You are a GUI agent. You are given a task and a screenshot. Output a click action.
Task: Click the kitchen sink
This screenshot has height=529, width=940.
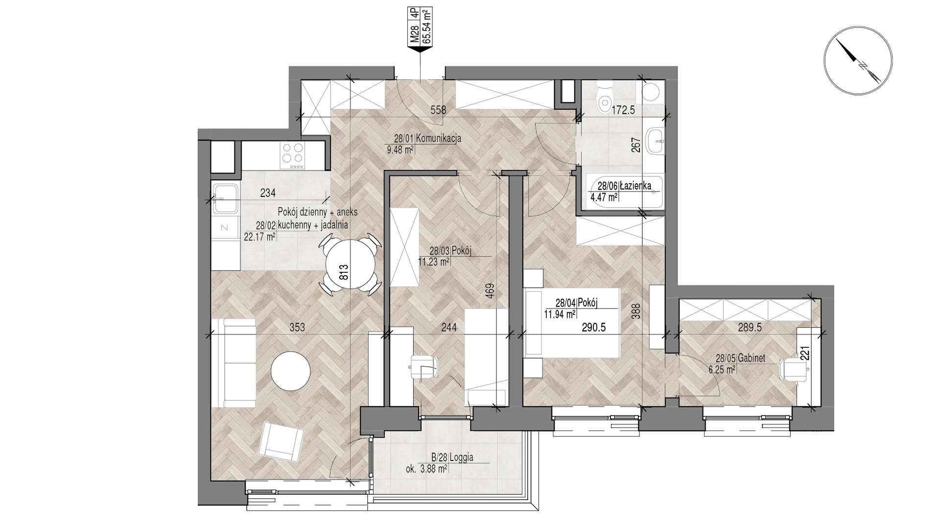click(225, 197)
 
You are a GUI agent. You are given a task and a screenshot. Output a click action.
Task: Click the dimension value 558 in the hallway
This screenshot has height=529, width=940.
click(438, 110)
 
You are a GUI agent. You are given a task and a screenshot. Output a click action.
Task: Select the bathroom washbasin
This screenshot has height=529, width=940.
click(655, 143)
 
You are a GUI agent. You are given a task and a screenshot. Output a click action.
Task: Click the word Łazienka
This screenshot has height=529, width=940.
click(635, 186)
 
